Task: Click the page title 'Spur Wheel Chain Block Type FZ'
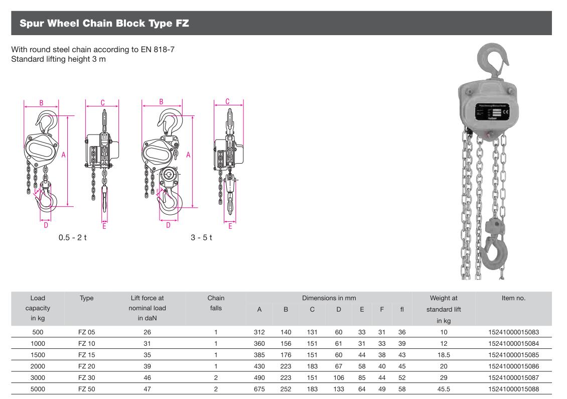tap(104, 23)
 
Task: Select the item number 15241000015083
tap(513, 332)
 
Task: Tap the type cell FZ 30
tap(86, 377)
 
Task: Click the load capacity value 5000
tap(38, 389)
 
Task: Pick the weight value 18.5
tap(444, 355)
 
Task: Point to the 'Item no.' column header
tap(513, 298)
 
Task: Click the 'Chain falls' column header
tap(216, 303)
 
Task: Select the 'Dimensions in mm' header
tap(329, 298)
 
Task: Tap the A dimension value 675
tap(259, 389)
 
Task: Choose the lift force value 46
tap(147, 377)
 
